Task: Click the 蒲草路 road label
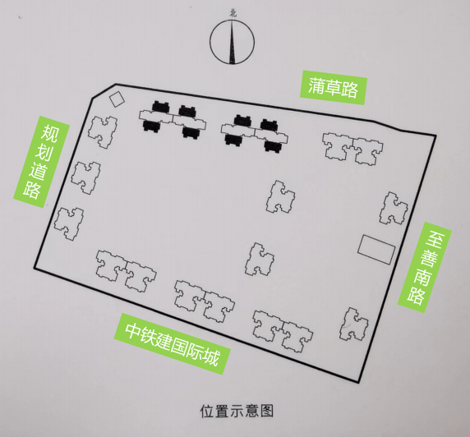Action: tap(333, 88)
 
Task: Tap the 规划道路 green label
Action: tap(41, 162)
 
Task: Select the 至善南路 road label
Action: tap(425, 267)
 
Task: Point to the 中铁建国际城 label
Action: tap(172, 344)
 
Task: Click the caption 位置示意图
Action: tap(237, 411)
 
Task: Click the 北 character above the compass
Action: tap(233, 13)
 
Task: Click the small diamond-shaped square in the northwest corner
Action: tap(117, 99)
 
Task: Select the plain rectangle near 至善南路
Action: tap(377, 250)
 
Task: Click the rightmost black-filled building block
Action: tap(271, 136)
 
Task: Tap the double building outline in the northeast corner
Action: tap(352, 149)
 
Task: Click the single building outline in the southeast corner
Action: tap(354, 324)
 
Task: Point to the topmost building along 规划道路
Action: tap(103, 132)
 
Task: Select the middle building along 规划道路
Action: tap(85, 177)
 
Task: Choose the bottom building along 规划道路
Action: tap(69, 224)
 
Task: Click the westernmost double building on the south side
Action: tap(126, 271)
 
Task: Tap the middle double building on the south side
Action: tap(205, 301)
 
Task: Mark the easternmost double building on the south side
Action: tap(283, 331)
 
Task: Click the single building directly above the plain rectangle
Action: tap(394, 209)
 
